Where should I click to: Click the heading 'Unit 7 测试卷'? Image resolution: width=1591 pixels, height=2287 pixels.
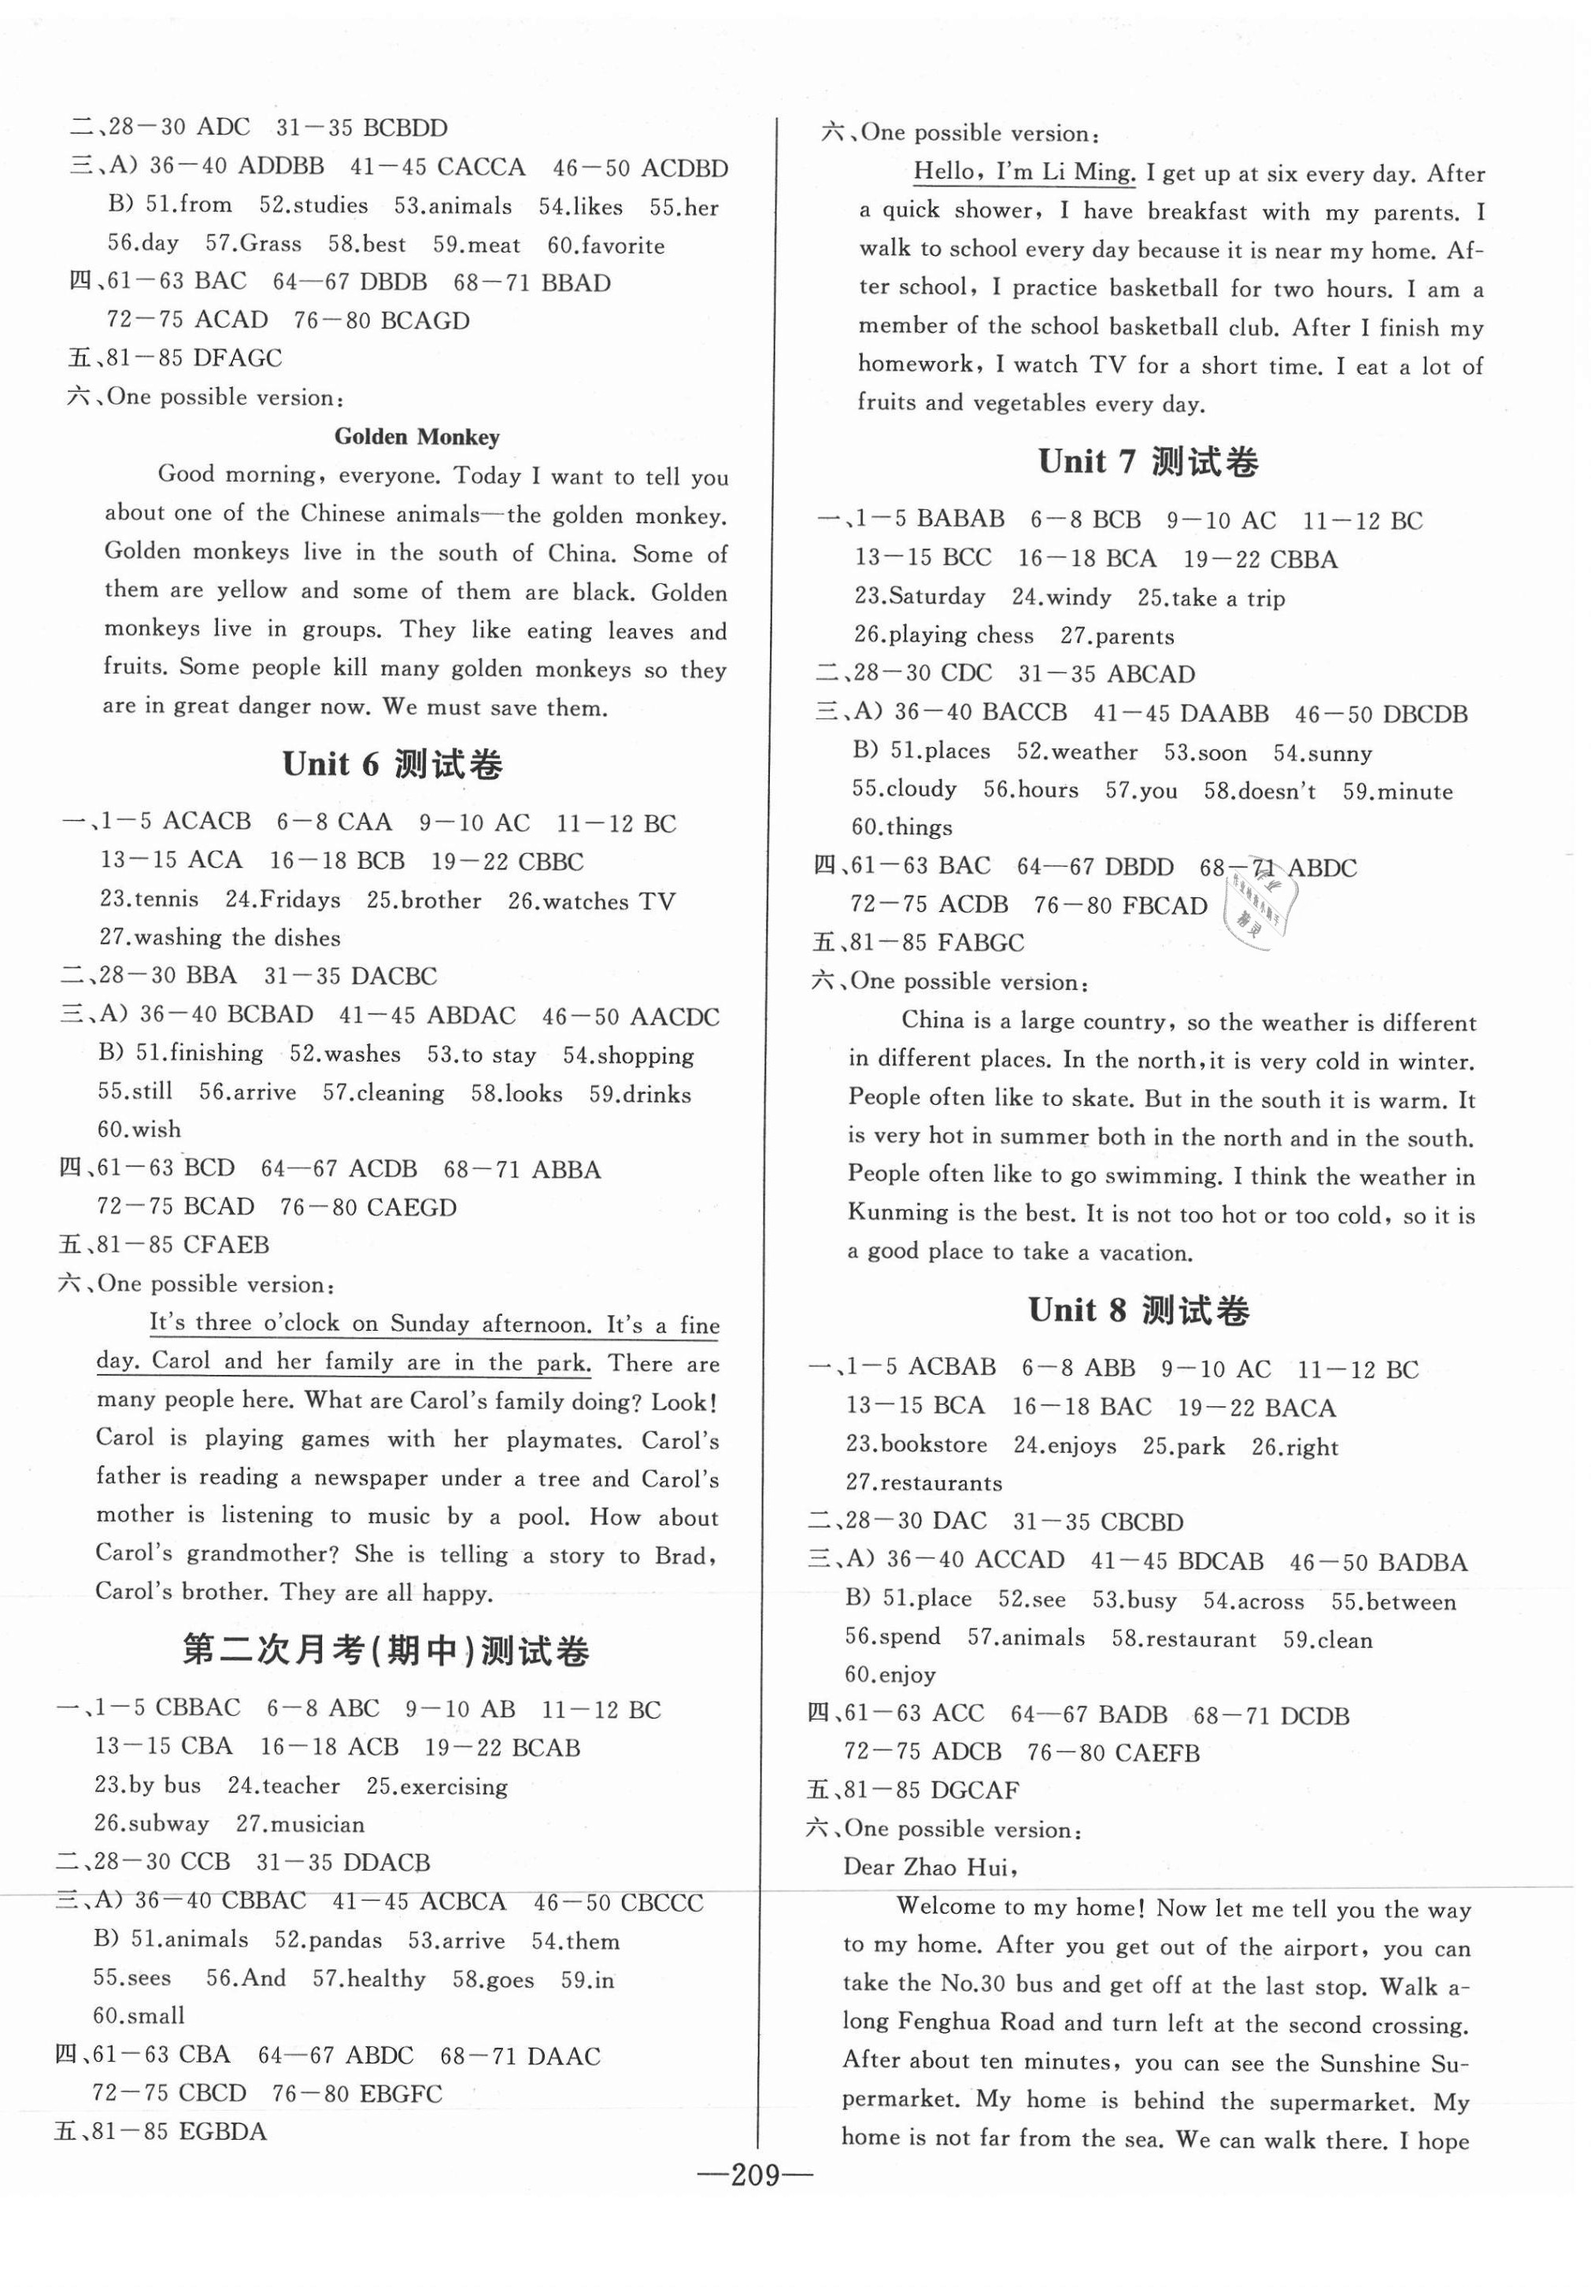coord(1148,461)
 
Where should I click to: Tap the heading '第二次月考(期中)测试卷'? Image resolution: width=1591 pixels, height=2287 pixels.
coord(386,1650)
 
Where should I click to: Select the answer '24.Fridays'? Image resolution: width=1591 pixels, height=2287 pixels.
coord(282,900)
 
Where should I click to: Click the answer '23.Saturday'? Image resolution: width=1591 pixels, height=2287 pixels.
coord(919,597)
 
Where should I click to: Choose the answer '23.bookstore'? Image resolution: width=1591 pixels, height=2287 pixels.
coord(916,1444)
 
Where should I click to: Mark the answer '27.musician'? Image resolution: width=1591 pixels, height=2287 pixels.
coord(300,1823)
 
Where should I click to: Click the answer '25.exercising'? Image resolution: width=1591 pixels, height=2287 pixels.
coord(436,1786)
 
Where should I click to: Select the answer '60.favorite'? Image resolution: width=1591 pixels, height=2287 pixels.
coord(605,245)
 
